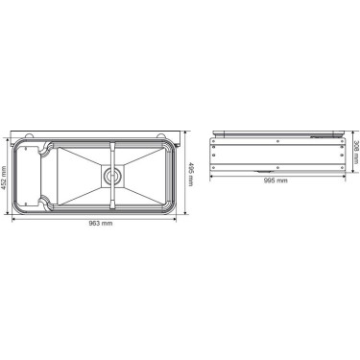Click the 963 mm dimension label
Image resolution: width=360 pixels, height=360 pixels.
point(101,224)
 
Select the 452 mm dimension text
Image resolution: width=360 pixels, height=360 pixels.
point(4,178)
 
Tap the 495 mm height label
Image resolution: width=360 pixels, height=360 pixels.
point(191,175)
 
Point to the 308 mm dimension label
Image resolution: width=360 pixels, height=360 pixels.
point(356,153)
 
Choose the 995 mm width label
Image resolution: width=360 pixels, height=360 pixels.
point(276,180)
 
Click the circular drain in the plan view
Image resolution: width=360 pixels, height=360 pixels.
point(111,176)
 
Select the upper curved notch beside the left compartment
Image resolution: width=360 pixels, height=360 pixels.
point(45,148)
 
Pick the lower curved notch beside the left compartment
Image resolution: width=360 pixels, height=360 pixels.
point(45,204)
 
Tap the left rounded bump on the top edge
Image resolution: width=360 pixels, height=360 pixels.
point(29,135)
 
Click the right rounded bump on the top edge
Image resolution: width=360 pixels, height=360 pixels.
point(160,135)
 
